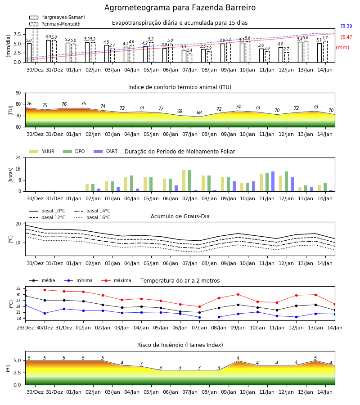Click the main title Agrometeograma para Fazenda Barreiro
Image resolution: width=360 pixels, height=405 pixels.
click(180, 8)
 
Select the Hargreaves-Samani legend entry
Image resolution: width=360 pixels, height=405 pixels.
click(57, 17)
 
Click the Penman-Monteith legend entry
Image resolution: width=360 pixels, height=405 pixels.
click(55, 24)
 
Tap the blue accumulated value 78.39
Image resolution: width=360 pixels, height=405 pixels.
click(346, 27)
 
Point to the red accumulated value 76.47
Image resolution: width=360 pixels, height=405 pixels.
click(346, 37)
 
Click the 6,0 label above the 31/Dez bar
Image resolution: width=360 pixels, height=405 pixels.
click(48, 37)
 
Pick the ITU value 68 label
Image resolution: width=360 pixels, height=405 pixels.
click(199, 112)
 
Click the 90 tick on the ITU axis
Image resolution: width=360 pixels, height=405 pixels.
click(18, 93)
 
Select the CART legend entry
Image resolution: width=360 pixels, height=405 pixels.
click(106, 151)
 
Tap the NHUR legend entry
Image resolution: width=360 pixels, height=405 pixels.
click(42, 151)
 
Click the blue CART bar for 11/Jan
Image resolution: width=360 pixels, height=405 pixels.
click(273, 181)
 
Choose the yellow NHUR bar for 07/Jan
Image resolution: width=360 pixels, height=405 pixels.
click(184, 181)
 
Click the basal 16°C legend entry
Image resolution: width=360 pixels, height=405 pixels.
click(92, 217)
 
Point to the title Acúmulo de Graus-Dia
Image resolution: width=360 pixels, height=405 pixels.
click(180, 216)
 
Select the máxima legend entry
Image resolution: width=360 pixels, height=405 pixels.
click(116, 280)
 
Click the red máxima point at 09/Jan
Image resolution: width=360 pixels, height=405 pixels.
click(238, 294)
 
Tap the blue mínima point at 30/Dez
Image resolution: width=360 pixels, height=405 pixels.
click(45, 313)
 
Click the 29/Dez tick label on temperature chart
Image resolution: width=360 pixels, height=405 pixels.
click(25, 328)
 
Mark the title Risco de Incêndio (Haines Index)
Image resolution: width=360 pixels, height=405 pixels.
click(180, 345)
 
